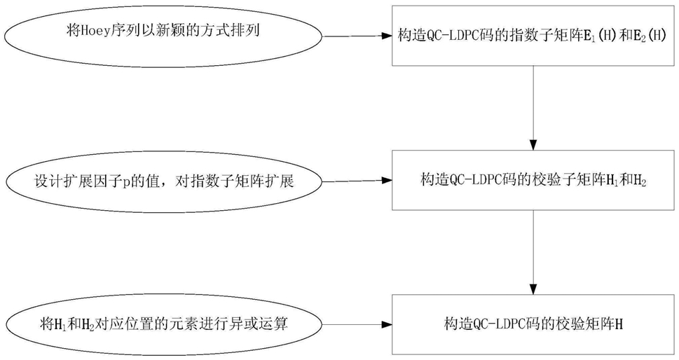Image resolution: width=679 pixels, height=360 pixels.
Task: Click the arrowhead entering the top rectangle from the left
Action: pos(387,36)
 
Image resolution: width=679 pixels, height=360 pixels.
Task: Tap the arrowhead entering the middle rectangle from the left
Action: pos(387,181)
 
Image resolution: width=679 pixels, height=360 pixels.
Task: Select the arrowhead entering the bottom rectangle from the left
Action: pos(387,324)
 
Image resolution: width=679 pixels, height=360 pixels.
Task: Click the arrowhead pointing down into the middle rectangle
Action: pos(533,144)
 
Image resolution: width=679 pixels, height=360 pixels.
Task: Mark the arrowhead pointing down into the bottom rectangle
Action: pos(533,289)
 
